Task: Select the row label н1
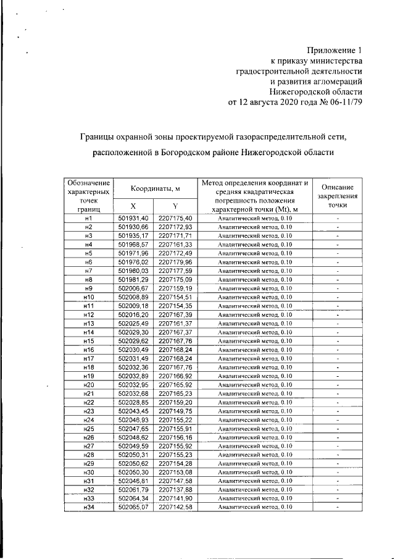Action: click(x=88, y=219)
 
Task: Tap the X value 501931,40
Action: click(x=133, y=219)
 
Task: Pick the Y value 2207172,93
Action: click(x=175, y=227)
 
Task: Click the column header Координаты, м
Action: click(x=154, y=188)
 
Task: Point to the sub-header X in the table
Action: click(x=133, y=206)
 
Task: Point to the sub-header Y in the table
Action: click(x=175, y=206)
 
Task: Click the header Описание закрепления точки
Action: click(x=338, y=195)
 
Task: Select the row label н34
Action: click(x=88, y=508)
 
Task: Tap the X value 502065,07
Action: click(x=133, y=508)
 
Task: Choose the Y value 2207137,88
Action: click(x=175, y=490)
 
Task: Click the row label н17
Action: click(x=88, y=359)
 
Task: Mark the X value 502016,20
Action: click(x=133, y=315)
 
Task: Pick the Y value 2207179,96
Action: click(x=175, y=263)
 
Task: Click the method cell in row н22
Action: click(x=255, y=403)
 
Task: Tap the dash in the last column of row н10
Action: click(x=338, y=298)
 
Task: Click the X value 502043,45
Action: click(x=133, y=411)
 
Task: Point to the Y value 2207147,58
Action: click(x=175, y=482)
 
